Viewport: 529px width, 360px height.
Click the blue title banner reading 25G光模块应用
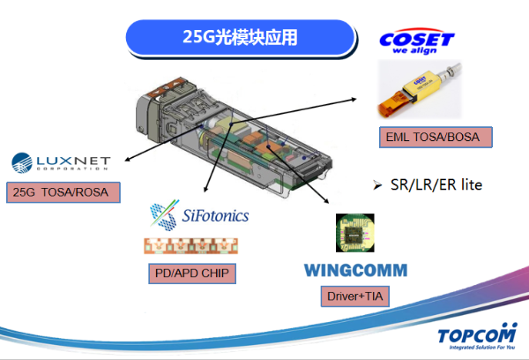click(241, 37)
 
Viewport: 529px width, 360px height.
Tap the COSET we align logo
click(417, 41)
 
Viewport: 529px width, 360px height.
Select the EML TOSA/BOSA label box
click(436, 137)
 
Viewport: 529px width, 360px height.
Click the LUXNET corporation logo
click(61, 162)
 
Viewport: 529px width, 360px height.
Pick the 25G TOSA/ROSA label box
click(63, 192)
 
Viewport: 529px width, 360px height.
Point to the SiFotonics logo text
click(216, 215)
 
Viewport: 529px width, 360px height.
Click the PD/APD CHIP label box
click(192, 274)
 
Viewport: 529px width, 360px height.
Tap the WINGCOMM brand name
click(356, 271)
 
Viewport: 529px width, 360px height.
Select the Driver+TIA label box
click(355, 296)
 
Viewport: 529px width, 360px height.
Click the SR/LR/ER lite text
click(436, 184)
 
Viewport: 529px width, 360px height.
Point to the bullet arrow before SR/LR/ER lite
click(377, 185)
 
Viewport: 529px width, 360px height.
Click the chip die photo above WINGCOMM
click(355, 233)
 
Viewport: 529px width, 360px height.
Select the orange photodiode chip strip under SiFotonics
click(191, 246)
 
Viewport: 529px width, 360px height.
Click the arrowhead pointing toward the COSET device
click(354, 100)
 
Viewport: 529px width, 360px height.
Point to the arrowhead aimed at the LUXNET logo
click(127, 160)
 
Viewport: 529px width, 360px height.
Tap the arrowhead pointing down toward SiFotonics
click(205, 190)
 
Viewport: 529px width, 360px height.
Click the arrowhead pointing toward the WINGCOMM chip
click(326, 201)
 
